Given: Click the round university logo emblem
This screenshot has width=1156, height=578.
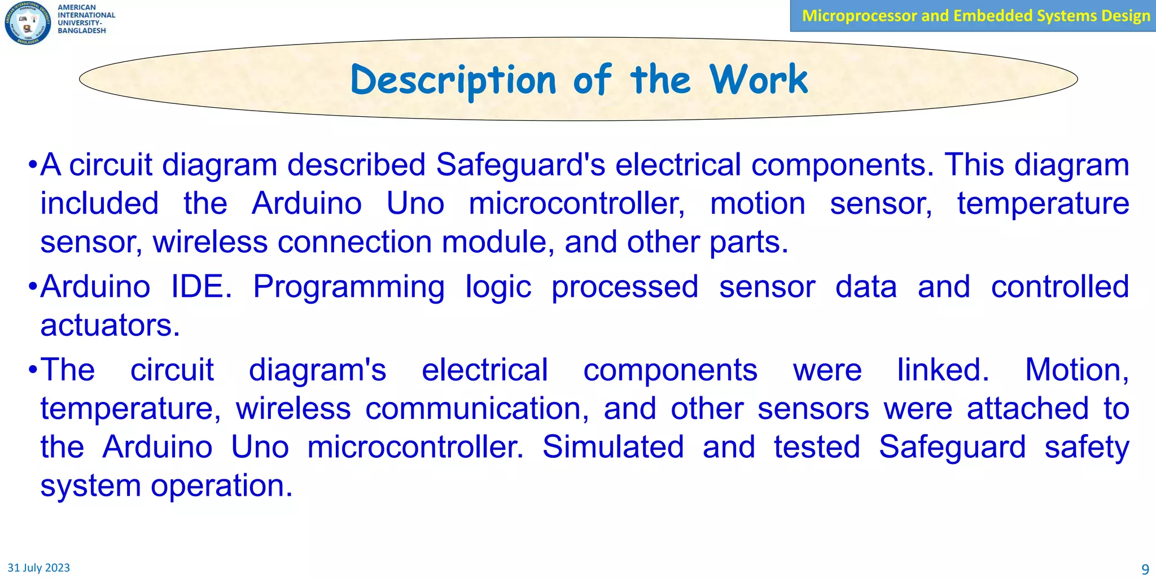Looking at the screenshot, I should point(27,23).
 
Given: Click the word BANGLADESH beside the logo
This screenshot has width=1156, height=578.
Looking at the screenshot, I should point(82,31).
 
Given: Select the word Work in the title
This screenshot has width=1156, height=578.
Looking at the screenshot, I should point(759,80).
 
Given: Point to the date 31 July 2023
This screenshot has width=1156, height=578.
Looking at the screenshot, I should point(38,568).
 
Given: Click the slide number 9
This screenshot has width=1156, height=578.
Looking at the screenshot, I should point(1145,569).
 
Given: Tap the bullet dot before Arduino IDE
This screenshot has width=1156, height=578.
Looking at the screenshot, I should point(33,287).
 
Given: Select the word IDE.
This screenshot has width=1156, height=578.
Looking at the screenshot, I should point(201,287).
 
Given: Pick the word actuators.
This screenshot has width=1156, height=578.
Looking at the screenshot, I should point(110,326).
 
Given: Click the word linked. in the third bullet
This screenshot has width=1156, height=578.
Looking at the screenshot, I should point(943,370).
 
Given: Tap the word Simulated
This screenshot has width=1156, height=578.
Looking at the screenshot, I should point(612,447).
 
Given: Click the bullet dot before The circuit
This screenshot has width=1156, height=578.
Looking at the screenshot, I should point(33,371).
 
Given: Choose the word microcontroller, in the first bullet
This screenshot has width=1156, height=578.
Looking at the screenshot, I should point(577,204).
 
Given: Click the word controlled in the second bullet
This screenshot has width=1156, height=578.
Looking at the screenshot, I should point(1059,287).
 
